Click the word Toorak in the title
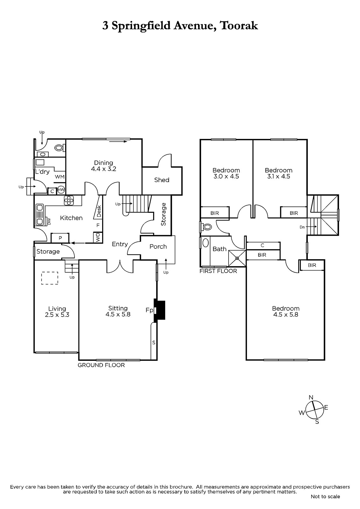pos(239,26)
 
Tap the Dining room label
pos(103,163)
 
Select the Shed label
pos(162,180)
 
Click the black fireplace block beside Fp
pos(159,310)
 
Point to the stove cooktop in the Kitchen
pos(69,200)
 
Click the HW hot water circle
pos(61,190)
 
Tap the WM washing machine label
pos(60,177)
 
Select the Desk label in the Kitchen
pos(99,211)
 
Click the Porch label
pos(158,247)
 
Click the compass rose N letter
pos(311,397)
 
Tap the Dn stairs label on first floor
pos(302,227)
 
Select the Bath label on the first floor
pos(219,249)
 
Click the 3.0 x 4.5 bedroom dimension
pos(226,177)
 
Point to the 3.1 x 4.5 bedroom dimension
pos(279,177)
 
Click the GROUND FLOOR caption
pos(101,365)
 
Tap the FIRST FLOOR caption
pos(218,271)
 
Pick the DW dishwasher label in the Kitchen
pos(49,221)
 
